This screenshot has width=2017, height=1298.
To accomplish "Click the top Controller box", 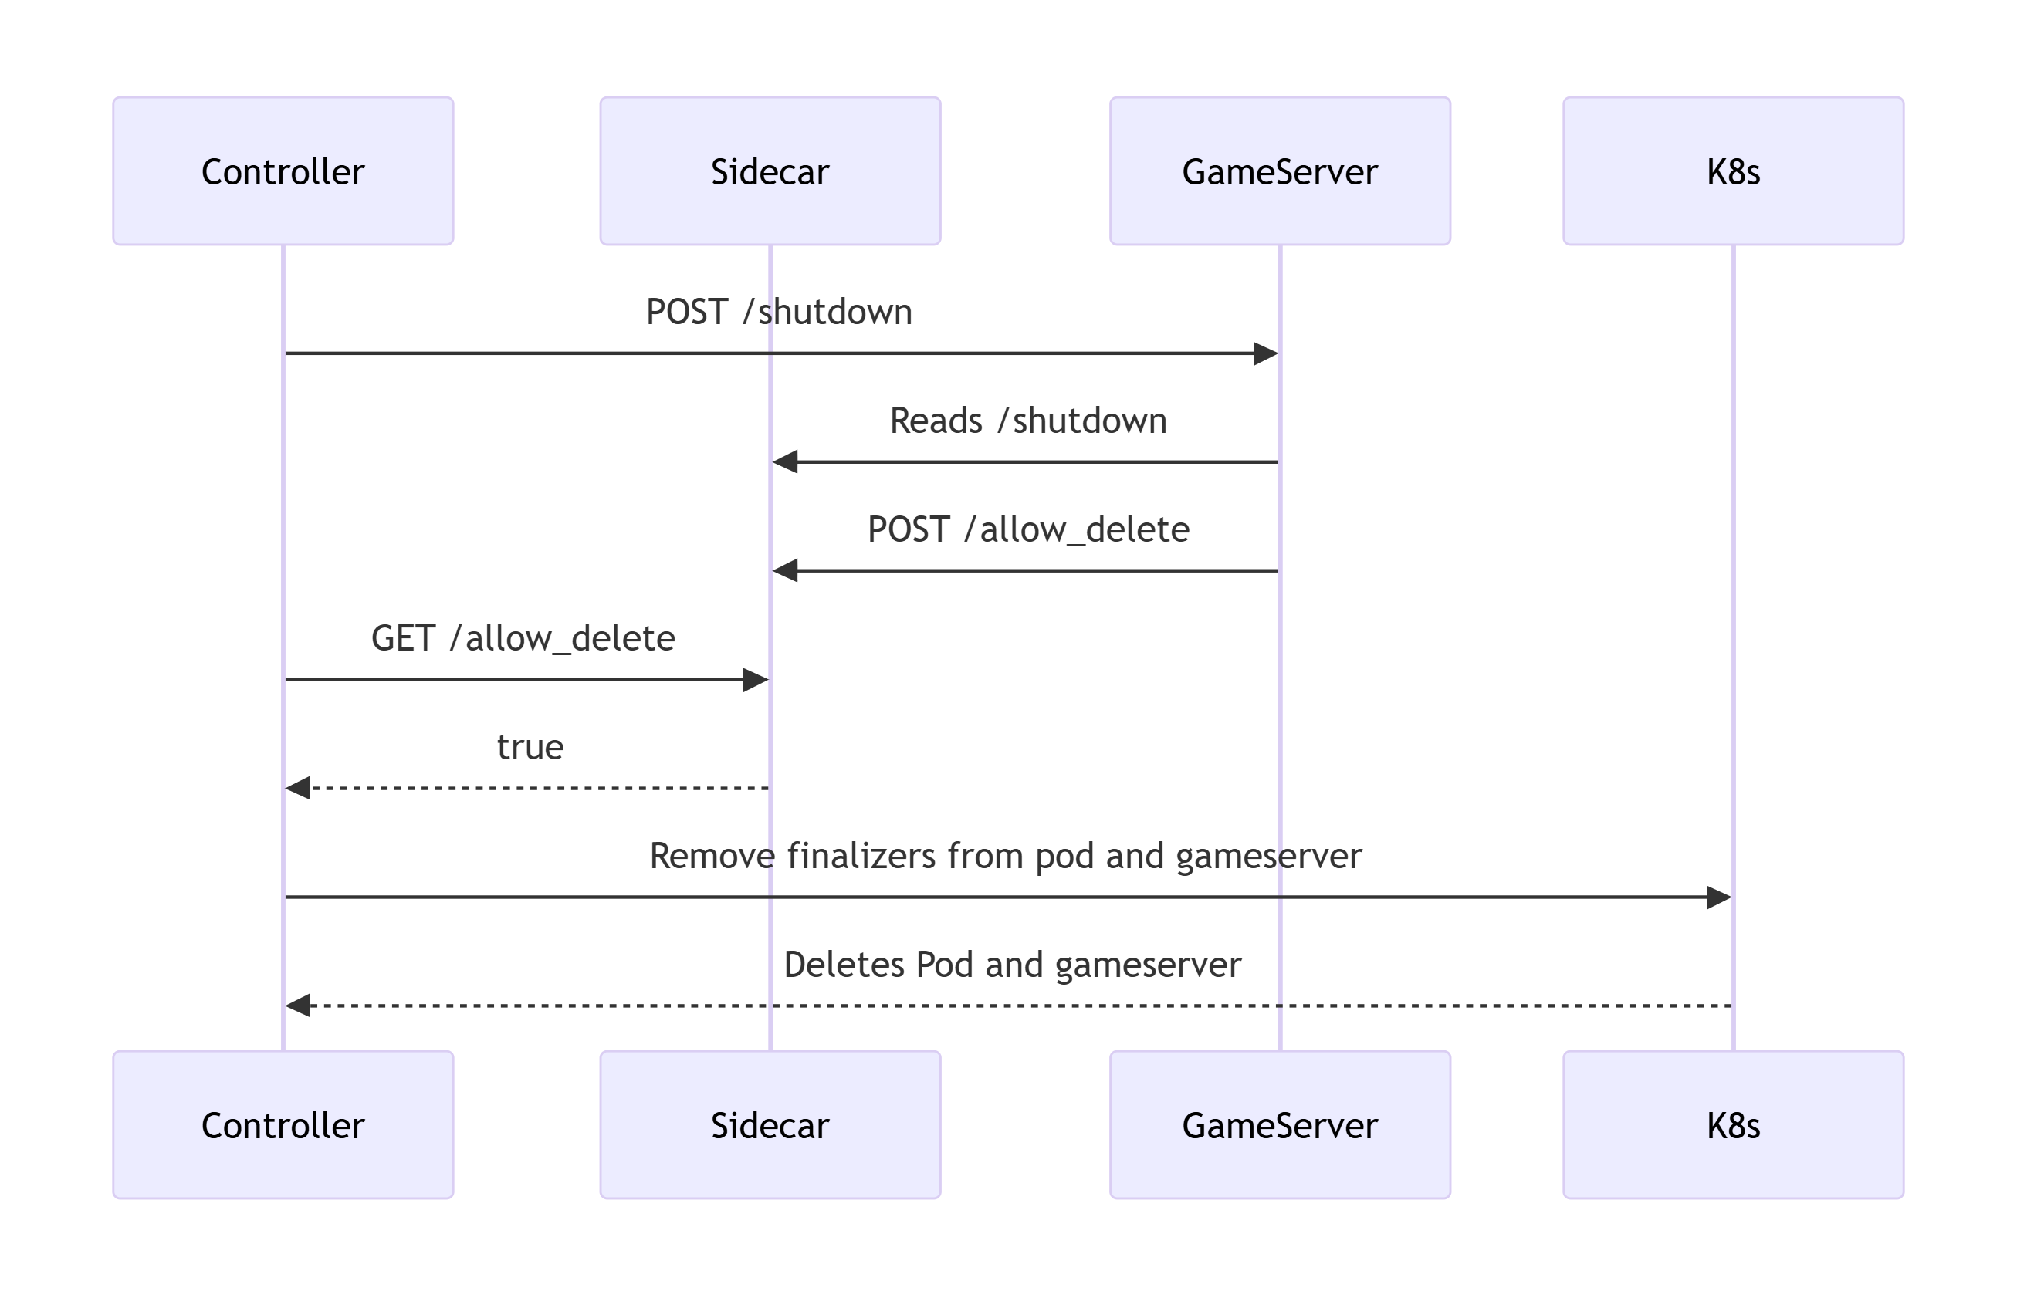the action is point(283,171).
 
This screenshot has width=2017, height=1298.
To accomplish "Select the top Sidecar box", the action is point(770,171).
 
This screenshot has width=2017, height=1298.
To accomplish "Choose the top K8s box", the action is point(1732,171).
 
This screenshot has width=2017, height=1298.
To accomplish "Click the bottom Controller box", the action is point(283,1124).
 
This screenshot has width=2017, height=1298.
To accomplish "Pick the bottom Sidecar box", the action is point(770,1124).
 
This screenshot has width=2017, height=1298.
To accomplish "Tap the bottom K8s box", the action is point(1732,1124).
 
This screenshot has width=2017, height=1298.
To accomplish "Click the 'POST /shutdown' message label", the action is point(778,312).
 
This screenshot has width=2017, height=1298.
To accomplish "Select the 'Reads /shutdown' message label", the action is point(1027,421).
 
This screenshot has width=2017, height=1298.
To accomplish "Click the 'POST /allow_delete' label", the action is point(1027,529).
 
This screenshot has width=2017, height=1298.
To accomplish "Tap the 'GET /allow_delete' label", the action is point(523,638).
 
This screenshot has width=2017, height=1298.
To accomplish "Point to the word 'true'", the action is point(530,747).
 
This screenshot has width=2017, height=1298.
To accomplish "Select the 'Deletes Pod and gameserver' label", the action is point(1011,964).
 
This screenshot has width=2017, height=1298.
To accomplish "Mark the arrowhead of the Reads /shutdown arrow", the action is point(786,462).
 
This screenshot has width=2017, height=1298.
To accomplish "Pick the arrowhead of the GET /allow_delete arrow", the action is point(754,679).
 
